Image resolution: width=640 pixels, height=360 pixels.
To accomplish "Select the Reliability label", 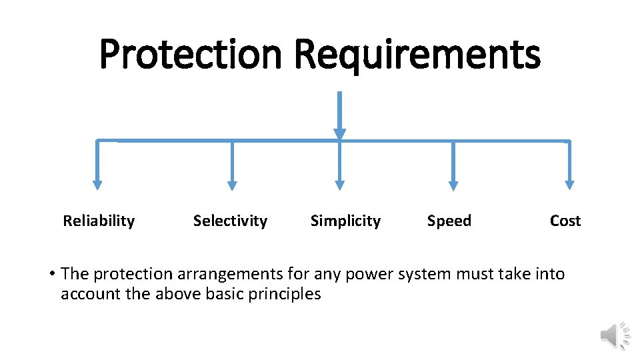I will [x=99, y=221].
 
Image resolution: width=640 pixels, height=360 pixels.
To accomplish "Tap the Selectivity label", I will [x=230, y=221].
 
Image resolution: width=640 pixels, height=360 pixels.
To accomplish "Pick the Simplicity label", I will [x=345, y=221].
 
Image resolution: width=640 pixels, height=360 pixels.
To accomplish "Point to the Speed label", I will [x=449, y=221].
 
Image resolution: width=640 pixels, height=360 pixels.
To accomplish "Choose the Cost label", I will [x=565, y=221].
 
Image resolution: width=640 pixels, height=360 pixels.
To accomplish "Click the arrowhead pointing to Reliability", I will [x=97, y=185].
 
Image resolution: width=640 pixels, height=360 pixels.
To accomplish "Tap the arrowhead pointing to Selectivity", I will [x=232, y=185].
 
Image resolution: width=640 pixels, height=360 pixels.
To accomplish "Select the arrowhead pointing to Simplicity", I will [x=339, y=185].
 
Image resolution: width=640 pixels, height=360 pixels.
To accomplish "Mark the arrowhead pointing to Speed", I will [x=453, y=185].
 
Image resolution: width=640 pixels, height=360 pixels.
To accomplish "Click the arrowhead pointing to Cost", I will [x=569, y=185].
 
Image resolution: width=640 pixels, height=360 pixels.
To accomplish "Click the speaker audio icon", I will [x=615, y=335].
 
